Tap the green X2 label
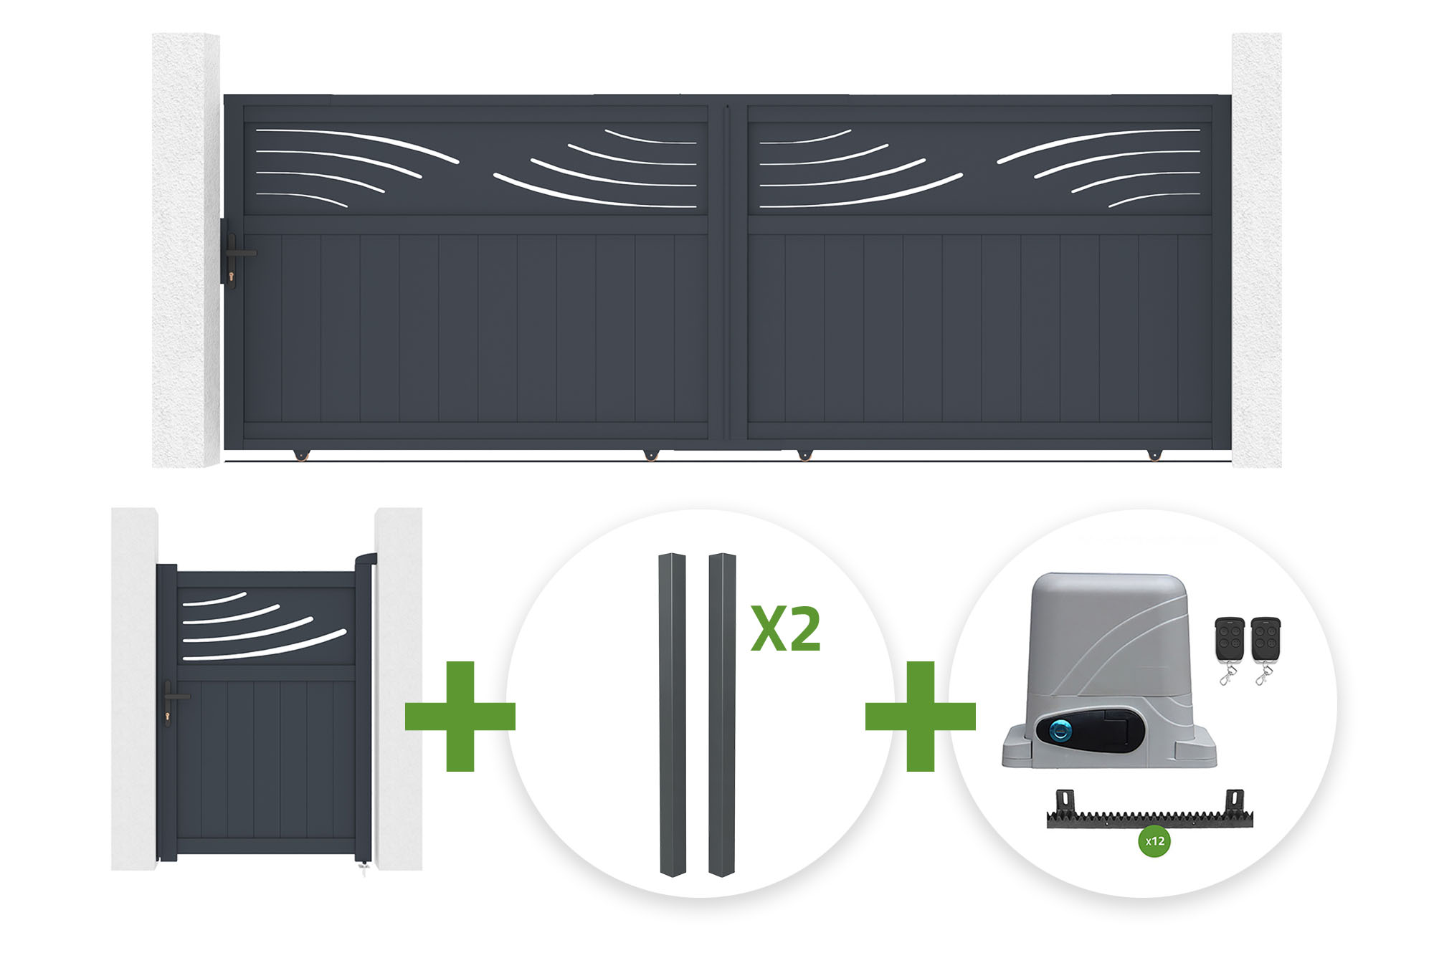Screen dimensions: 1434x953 pos(786,629)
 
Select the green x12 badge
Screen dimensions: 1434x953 pos(1154,841)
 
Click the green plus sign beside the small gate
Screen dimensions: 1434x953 pos(460,716)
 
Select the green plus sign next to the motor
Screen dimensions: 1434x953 pos(921,716)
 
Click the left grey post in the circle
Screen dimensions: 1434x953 pos(673,714)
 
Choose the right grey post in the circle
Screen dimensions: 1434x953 pos(722,714)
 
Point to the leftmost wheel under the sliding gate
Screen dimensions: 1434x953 pos(300,455)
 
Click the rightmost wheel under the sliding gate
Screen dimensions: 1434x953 pos(1154,455)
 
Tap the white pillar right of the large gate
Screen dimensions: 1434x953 pos(1256,250)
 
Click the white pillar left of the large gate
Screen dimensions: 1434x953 pos(186,250)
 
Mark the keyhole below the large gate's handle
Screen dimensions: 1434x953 pos(232,277)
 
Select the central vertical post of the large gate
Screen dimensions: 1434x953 pos(728,272)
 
